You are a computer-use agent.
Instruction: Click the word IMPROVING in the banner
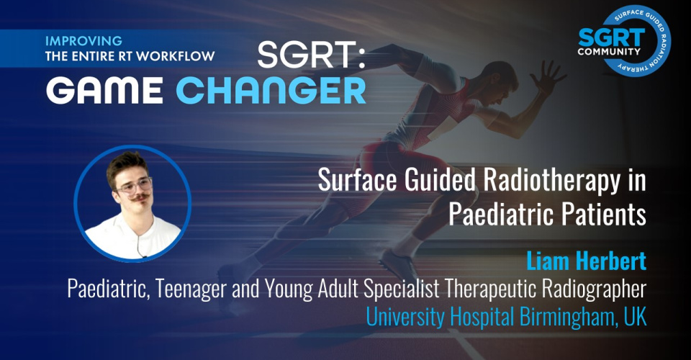[83, 41]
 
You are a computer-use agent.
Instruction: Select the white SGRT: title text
[312, 55]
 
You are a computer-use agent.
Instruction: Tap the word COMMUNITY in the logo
[609, 52]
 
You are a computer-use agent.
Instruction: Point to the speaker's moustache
[140, 198]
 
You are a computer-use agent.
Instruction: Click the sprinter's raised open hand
[547, 76]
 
